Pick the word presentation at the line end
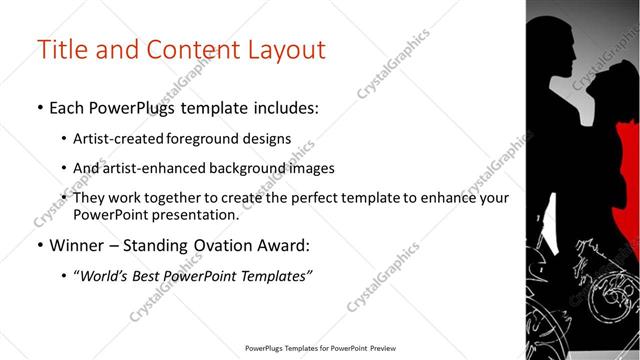tap(195, 214)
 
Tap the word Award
tap(283, 245)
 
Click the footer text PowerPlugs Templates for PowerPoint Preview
tap(319, 349)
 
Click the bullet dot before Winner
tap(39, 246)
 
